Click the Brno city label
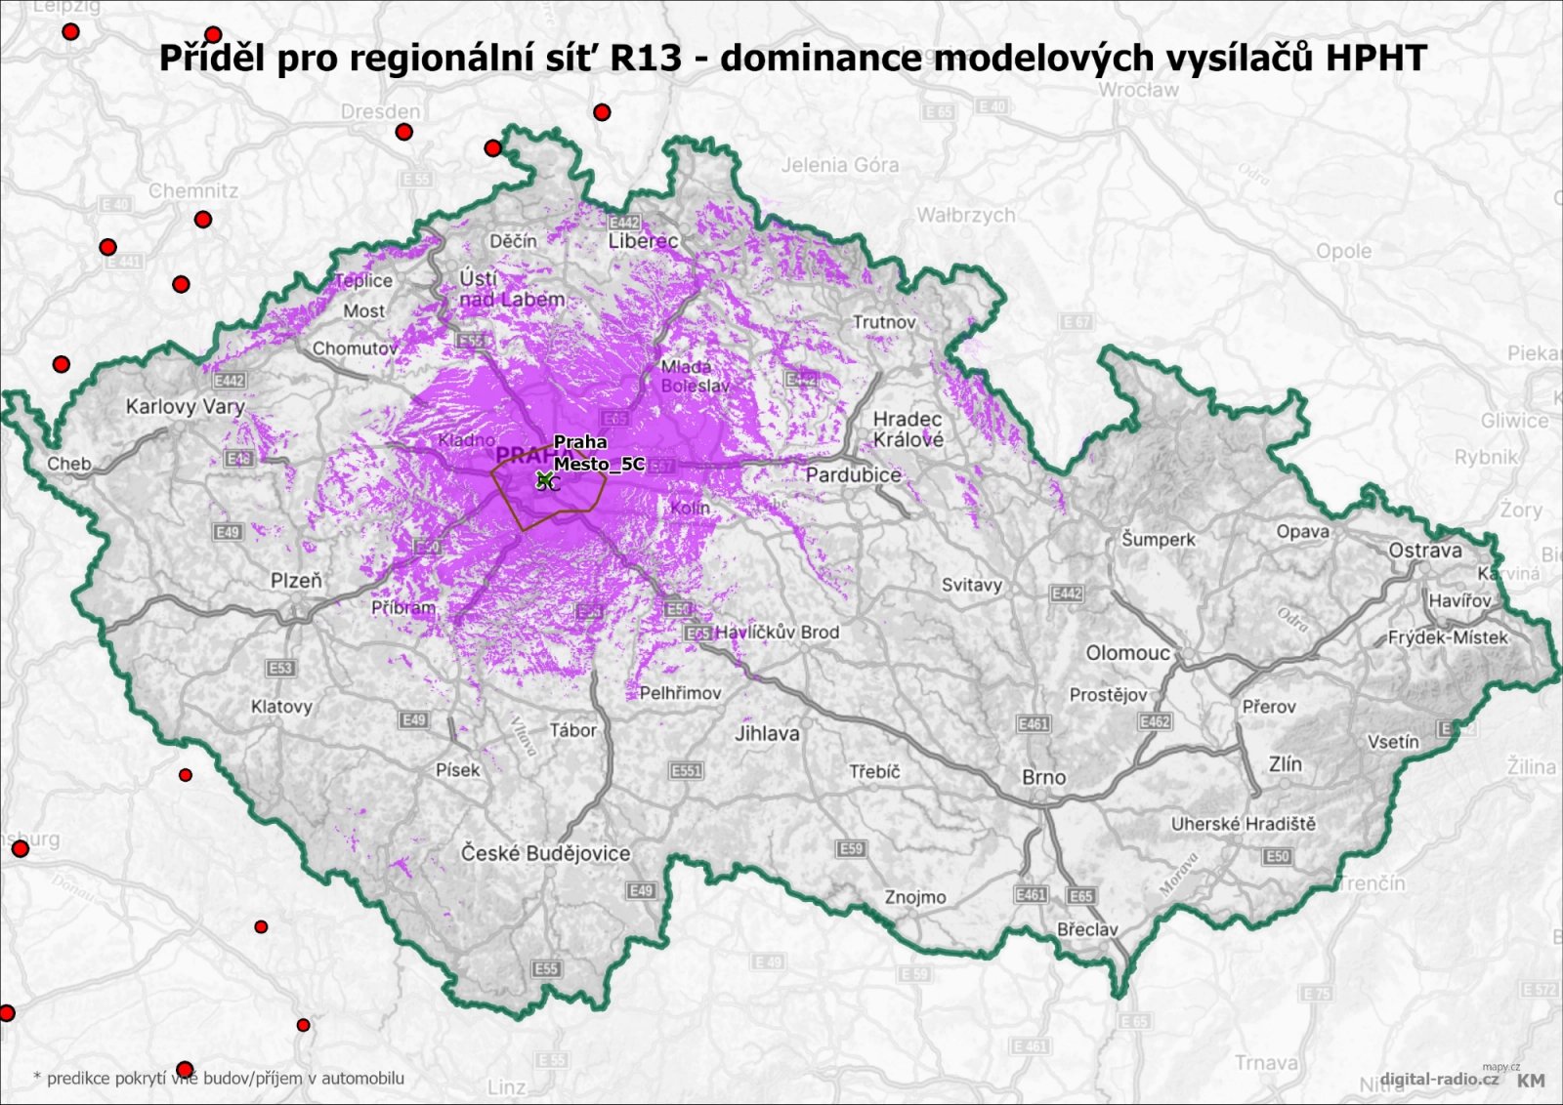(1043, 778)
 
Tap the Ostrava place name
(1425, 551)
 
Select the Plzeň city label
(296, 581)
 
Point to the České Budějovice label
(545, 854)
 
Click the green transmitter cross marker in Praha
(544, 478)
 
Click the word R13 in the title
(646, 59)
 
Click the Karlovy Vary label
(185, 407)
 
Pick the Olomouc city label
(1127, 653)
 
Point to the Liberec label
(643, 241)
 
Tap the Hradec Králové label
(908, 430)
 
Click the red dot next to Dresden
(403, 132)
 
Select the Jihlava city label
(767, 733)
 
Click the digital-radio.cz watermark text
(1439, 1079)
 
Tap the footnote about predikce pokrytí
(220, 1079)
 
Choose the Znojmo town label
(915, 897)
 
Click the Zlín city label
(1285, 764)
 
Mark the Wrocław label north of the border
(1138, 90)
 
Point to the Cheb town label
(69, 464)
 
